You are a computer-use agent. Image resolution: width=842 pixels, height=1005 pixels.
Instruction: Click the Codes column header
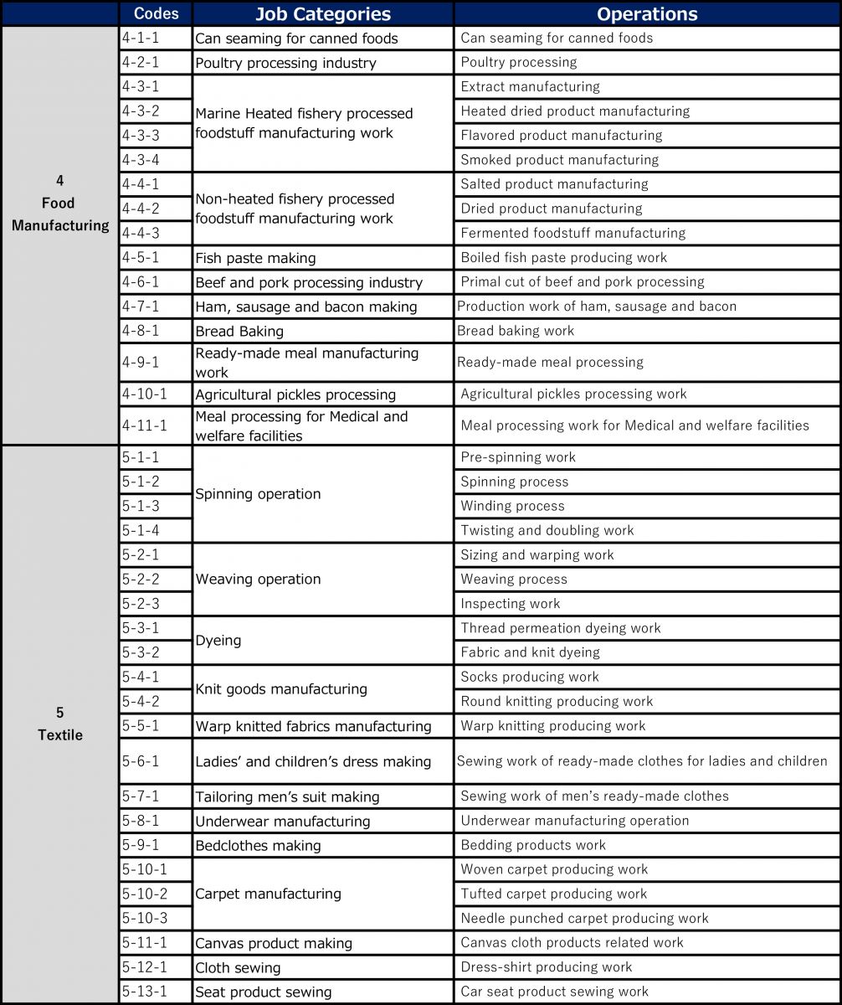coord(156,14)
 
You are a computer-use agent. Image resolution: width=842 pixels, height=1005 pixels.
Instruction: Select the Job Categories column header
coord(322,14)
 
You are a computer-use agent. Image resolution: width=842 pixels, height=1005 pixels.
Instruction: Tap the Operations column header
coord(647,14)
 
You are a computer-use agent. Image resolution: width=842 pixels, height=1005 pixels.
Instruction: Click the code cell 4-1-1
coord(141,38)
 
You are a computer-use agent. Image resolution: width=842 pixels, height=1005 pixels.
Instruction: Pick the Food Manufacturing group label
coord(59,204)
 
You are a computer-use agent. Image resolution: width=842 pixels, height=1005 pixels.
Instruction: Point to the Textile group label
coord(59,724)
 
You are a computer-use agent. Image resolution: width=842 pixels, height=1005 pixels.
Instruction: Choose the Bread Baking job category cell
coord(239,331)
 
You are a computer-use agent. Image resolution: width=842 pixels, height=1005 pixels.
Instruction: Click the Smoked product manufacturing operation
coord(559,160)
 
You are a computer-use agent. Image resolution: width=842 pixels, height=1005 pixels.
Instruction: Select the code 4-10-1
coord(144,394)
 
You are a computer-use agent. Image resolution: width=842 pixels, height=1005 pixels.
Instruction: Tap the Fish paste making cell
coord(255,258)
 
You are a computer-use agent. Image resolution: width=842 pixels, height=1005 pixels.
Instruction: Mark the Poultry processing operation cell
coord(518,62)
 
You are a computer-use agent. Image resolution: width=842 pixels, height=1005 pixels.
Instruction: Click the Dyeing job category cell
coord(218,641)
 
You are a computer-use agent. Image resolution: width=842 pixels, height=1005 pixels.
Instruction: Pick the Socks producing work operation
coord(530,677)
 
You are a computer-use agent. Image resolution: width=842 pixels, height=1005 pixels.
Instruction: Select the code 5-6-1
coord(141,761)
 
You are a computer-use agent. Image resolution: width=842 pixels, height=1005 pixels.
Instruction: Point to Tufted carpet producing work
coord(553,894)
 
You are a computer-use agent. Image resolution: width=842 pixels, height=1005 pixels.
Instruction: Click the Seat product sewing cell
coord(264,992)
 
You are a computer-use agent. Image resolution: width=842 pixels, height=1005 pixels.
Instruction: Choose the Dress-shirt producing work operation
coord(546,967)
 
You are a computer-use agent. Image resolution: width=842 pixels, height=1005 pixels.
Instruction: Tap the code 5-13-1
coord(144,992)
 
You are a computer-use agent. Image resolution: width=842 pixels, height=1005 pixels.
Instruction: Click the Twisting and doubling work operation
coord(547,530)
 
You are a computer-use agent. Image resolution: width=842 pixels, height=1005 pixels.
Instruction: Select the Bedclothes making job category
coord(258,846)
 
